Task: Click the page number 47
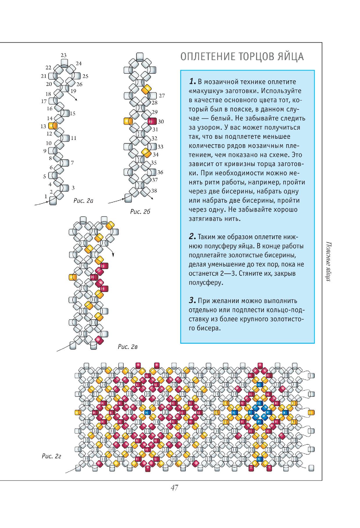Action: [174, 487]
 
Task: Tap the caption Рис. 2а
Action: [83, 201]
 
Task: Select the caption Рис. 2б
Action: [140, 212]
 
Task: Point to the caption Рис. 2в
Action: [127, 347]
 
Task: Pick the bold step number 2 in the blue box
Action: [192, 237]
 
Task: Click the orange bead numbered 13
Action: [53, 126]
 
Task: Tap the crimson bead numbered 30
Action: [152, 121]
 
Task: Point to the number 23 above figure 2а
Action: [64, 55]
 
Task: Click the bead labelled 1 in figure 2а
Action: [53, 201]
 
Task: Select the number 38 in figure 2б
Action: [154, 191]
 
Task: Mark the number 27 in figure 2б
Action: [162, 95]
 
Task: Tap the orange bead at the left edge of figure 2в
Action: [72, 277]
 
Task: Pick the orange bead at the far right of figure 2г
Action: [311, 412]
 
